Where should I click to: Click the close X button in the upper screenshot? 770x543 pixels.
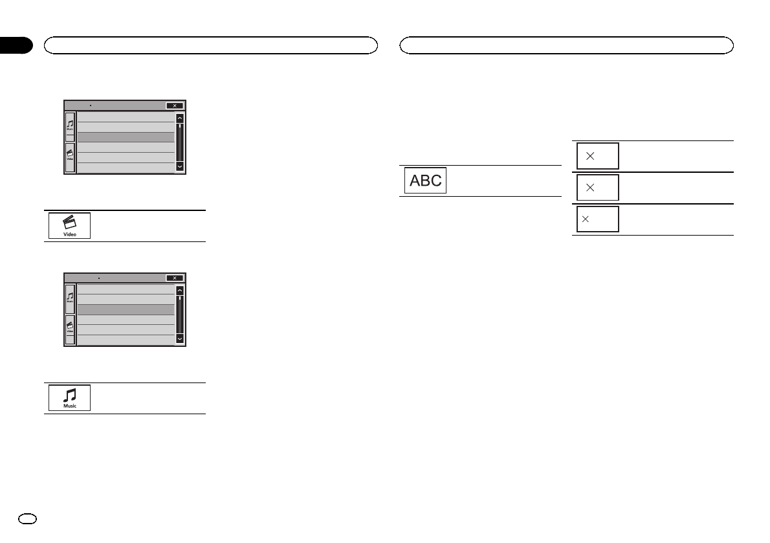coord(174,105)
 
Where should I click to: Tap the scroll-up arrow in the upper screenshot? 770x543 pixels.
coord(179,119)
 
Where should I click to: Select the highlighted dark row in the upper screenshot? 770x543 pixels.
coord(126,137)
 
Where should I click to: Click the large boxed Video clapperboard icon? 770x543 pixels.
coord(69,226)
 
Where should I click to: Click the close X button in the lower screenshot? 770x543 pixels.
coord(174,278)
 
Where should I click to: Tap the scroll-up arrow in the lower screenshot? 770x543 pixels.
coord(179,291)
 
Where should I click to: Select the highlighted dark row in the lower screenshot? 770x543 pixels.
coord(126,309)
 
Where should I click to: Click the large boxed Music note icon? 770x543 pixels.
coord(69,397)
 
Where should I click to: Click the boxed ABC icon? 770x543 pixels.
coord(425,181)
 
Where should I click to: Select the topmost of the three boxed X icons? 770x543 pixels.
coord(597,156)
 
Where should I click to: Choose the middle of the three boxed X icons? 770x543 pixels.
coord(597,187)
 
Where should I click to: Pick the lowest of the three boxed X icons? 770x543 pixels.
coord(597,219)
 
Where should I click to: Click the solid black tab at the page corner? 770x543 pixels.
coord(16,45)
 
